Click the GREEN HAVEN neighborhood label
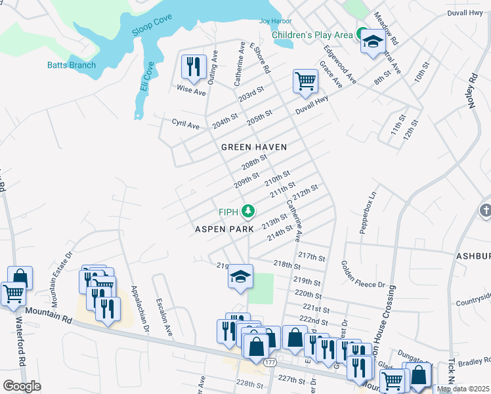tap(254, 147)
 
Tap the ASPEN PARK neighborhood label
tap(224, 229)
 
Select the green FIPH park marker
tap(248, 211)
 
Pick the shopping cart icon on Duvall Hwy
tap(305, 81)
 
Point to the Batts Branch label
tap(72, 65)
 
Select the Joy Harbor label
tap(275, 21)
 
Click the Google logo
tap(22, 386)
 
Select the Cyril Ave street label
tap(185, 124)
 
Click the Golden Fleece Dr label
tap(362, 274)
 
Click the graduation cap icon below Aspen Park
tap(240, 276)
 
